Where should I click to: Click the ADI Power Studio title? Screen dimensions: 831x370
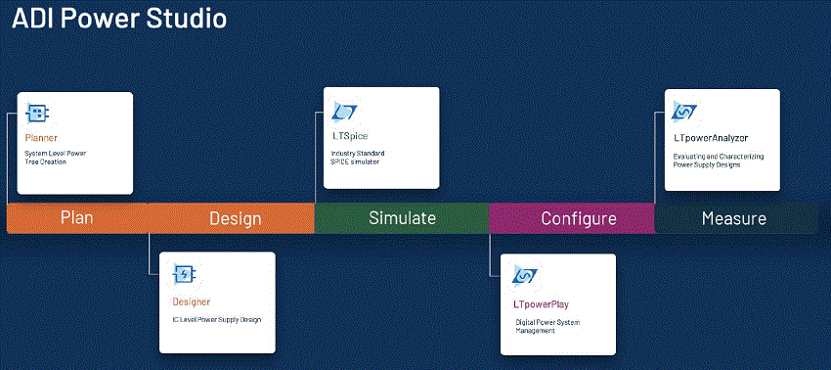[x=119, y=19]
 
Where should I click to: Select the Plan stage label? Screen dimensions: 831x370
[x=77, y=218]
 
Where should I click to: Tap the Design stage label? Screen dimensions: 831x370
[x=236, y=218]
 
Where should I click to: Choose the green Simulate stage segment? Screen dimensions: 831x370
[x=402, y=218]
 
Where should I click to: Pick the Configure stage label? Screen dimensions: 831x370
[x=578, y=218]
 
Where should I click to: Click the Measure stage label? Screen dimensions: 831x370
[x=734, y=218]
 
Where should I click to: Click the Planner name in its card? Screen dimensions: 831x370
[x=41, y=138]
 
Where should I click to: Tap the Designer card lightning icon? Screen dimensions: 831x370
[x=184, y=274]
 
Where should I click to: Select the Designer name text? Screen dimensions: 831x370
[x=192, y=302]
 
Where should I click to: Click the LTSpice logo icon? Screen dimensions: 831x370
[x=344, y=112]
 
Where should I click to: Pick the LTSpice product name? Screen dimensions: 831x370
[x=349, y=136]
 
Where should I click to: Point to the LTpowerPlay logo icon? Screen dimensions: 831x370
[x=525, y=276]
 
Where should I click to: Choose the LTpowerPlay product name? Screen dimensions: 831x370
[x=541, y=304]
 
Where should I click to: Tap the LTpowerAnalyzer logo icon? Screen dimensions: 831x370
[x=684, y=112]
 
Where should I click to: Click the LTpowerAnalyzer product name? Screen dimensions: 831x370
[x=711, y=139]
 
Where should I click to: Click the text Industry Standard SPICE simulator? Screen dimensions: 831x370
[x=358, y=158]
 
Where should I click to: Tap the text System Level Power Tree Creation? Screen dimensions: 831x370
[x=55, y=158]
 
